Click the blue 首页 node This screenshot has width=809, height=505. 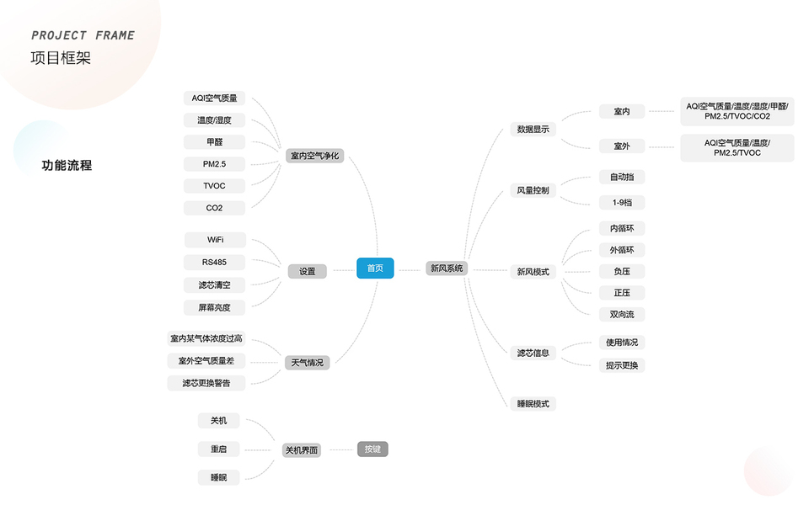[375, 268]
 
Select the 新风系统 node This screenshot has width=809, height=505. [447, 268]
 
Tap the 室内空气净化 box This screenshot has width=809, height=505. [314, 156]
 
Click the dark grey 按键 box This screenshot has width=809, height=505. [372, 449]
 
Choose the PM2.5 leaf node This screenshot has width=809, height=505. [214, 164]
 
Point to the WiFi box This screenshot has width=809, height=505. [215, 240]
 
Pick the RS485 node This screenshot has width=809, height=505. [214, 262]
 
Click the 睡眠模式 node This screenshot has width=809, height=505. [533, 404]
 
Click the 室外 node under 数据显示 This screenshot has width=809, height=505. [622, 146]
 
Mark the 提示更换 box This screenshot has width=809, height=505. [622, 365]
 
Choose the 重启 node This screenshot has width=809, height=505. [218, 449]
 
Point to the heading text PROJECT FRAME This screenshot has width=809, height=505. [83, 35]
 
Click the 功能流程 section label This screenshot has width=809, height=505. [67, 166]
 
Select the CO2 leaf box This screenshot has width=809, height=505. [214, 208]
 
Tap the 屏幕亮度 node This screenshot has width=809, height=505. [214, 307]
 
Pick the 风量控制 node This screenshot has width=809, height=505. [533, 191]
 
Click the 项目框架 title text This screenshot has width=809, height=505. [60, 58]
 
